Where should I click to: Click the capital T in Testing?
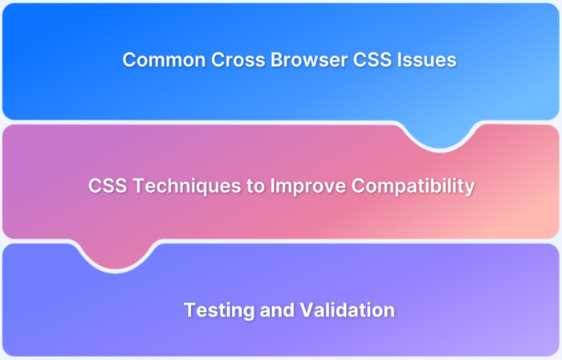pyautogui.click(x=189, y=309)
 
